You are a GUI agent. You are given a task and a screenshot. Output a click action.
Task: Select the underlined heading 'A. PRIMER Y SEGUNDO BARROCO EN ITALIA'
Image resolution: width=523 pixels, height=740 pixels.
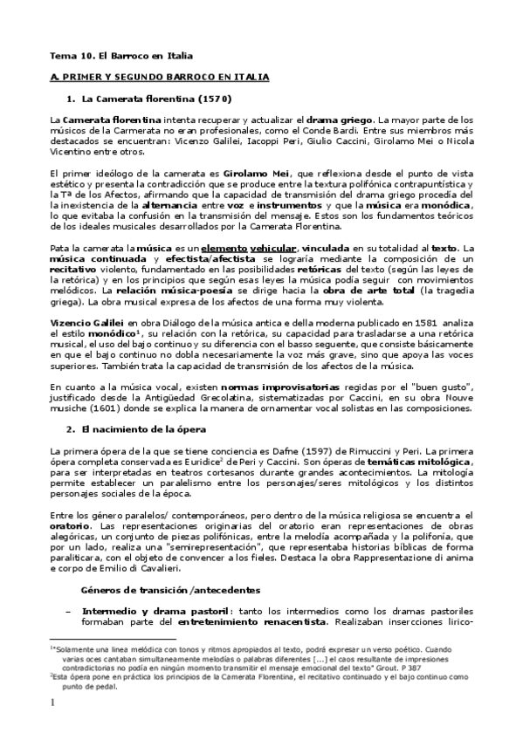(159, 77)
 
